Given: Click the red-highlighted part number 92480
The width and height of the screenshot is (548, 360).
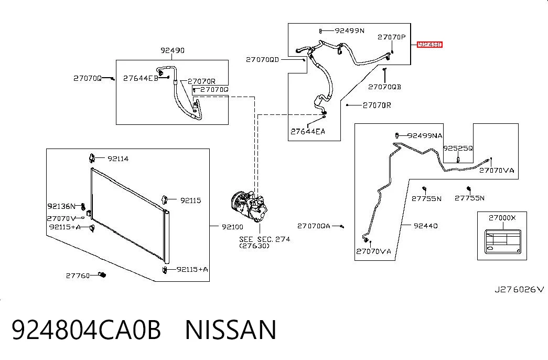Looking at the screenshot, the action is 429,45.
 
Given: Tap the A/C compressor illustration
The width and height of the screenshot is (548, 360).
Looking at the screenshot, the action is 249,206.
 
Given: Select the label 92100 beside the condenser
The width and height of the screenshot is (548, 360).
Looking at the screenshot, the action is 232,227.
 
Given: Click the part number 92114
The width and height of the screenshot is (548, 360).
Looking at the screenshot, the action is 118,159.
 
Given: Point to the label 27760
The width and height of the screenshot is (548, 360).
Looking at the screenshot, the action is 78,276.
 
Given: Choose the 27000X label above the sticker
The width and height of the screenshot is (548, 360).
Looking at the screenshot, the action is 502,218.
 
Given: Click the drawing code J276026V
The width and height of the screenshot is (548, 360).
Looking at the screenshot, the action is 519,289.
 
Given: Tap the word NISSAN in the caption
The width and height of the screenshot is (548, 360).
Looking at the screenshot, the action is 231,330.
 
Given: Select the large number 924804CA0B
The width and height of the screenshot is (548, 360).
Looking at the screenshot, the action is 87,330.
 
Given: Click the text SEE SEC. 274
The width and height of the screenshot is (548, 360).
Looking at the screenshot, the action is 265,239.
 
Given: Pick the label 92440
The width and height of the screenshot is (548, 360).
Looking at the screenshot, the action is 425,226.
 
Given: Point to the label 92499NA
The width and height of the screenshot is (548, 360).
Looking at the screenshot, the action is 425,136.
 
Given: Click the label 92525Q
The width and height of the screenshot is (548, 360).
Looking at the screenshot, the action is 458,149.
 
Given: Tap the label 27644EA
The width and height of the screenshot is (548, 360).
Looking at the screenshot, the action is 307,132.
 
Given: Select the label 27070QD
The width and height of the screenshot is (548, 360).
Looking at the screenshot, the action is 263,60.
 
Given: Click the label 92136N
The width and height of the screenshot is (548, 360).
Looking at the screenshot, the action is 61,206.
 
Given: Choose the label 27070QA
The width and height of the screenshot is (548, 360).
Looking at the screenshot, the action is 314,226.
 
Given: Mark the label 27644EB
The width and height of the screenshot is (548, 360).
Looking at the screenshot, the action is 141,78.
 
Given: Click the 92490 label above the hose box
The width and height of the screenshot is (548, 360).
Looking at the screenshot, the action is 173,50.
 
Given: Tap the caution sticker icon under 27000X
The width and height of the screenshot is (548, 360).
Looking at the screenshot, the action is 502,242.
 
